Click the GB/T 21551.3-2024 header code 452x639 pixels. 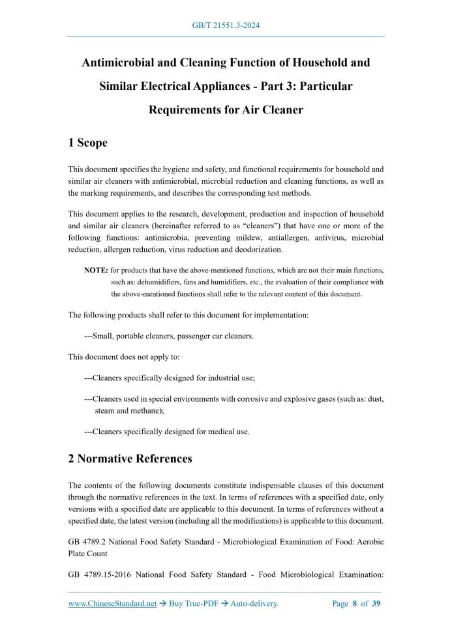[226, 26]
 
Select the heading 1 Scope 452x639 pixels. [87, 143]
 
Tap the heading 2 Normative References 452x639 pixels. [130, 458]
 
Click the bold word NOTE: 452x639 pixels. [97, 270]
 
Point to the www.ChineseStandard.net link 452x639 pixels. [112, 604]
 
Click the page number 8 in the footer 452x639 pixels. [355, 604]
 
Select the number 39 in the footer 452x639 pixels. [376, 604]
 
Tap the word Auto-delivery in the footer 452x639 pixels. [255, 604]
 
